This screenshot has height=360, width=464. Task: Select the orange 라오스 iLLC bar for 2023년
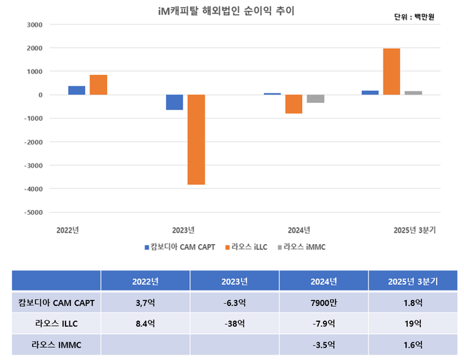[196, 139]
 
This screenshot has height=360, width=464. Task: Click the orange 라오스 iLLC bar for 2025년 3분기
[391, 72]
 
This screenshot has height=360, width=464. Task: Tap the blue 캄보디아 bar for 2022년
[77, 91]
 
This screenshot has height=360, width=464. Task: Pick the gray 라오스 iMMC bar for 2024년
[315, 99]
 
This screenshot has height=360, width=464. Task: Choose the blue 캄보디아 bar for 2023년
[174, 102]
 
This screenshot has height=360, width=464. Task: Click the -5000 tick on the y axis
[33, 212]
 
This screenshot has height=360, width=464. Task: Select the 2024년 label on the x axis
[300, 230]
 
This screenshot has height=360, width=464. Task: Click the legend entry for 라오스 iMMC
[304, 247]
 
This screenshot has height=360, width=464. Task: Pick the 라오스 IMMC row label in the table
[56, 345]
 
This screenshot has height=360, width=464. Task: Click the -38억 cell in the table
[234, 324]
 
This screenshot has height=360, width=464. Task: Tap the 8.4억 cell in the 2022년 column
[145, 324]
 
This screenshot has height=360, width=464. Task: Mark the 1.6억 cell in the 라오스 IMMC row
[413, 345]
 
